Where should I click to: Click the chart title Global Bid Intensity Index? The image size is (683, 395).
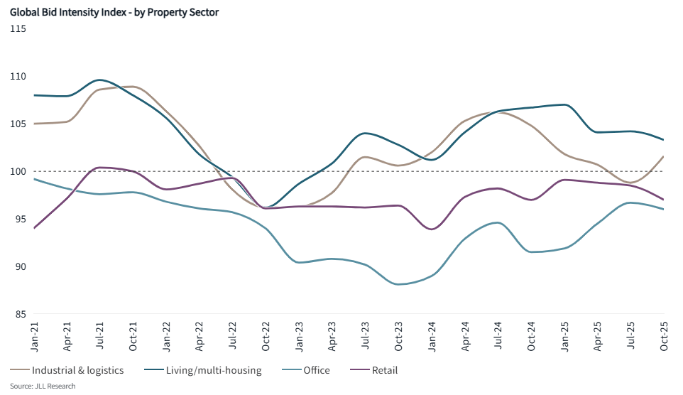tap(114, 13)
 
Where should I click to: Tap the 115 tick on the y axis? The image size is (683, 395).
tap(18, 28)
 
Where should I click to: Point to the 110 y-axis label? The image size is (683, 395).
tap(18, 76)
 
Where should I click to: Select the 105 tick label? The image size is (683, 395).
tap(18, 124)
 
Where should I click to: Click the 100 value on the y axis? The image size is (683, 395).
tap(18, 171)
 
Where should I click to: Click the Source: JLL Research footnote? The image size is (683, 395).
tap(42, 386)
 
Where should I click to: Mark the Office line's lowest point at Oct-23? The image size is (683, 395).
tap(399, 284)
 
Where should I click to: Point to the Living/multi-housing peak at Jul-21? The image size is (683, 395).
tap(100, 80)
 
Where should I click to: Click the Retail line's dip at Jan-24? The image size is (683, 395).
tap(432, 229)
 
